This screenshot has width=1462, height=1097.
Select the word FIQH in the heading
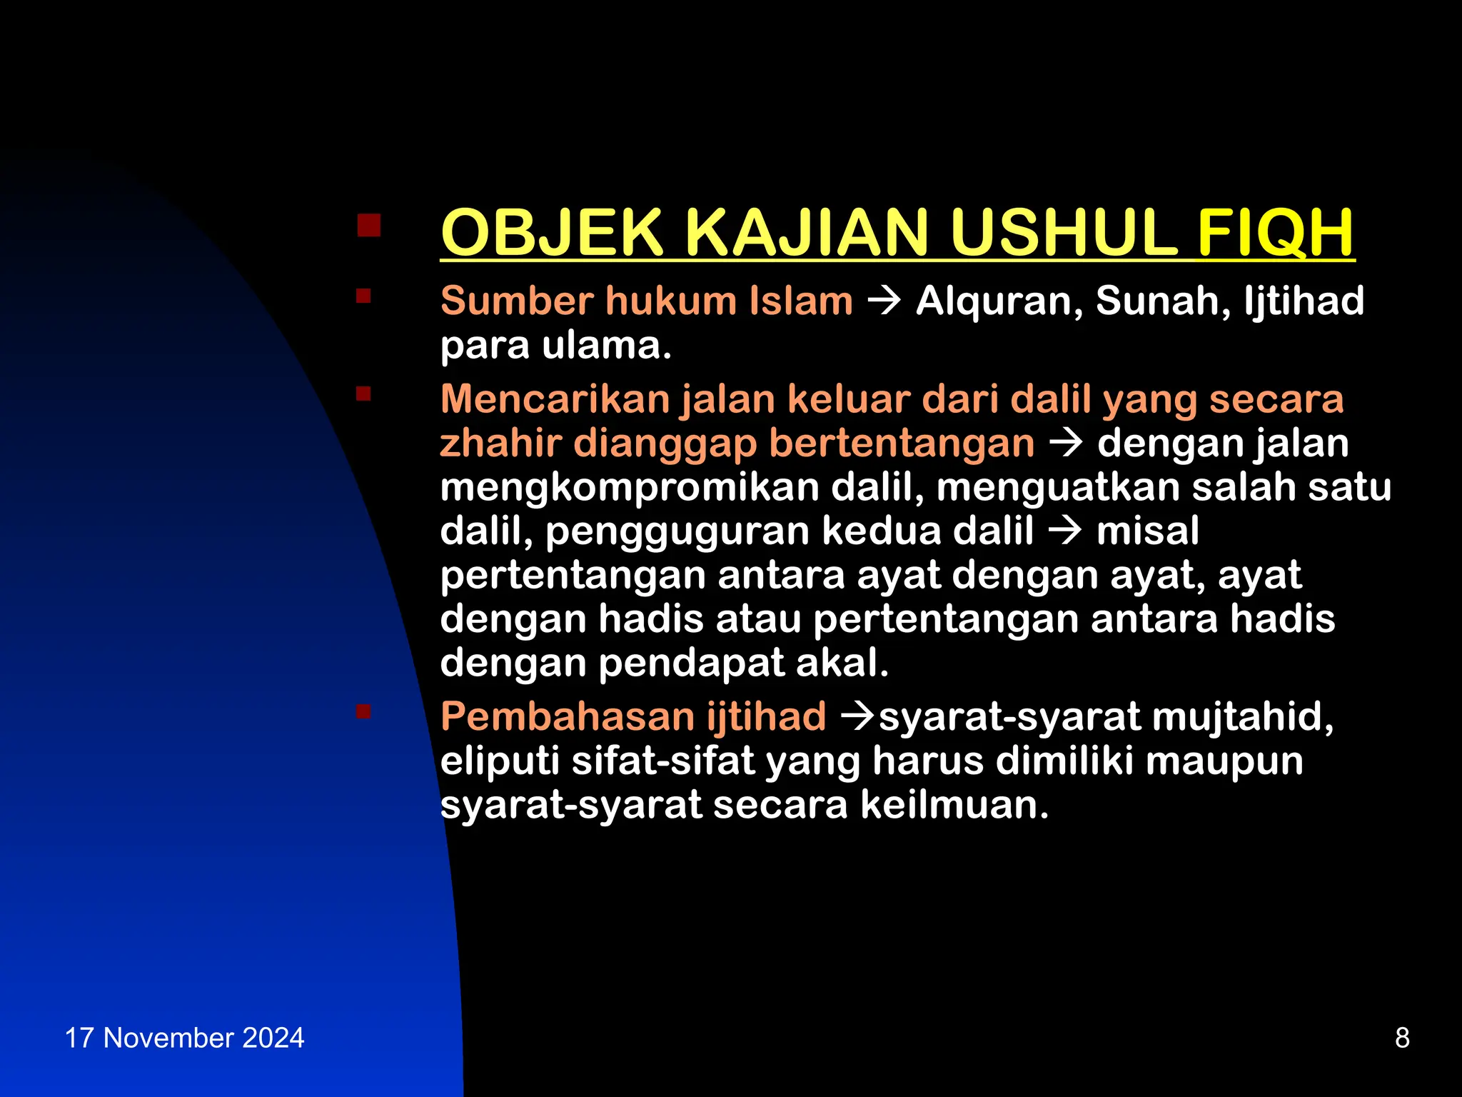coord(1275,233)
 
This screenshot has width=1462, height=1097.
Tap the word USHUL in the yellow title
coord(1063,233)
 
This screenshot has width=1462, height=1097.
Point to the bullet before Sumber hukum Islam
coord(363,296)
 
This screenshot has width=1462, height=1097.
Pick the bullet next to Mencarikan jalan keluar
coord(363,394)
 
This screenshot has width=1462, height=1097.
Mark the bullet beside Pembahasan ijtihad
coord(363,711)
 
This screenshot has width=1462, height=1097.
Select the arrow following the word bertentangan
coord(1066,444)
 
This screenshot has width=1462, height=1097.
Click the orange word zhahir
coord(500,444)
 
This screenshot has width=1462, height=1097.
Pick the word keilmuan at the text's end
coord(954,805)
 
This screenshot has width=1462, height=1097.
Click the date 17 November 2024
coord(184,1038)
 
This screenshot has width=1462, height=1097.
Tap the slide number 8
coord(1402,1038)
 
